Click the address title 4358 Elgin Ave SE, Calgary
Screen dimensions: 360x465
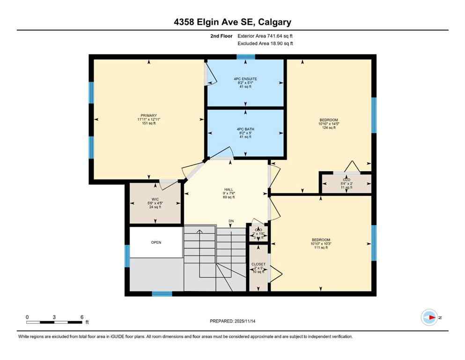pyautogui.click(x=232, y=22)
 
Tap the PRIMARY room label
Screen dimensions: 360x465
pyautogui.click(x=148, y=115)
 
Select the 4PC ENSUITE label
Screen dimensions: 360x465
pyautogui.click(x=245, y=79)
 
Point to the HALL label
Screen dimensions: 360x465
pyautogui.click(x=229, y=189)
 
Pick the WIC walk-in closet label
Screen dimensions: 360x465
pyautogui.click(x=155, y=199)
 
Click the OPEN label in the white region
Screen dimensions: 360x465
pyautogui.click(x=156, y=243)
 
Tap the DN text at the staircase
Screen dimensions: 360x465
pyautogui.click(x=231, y=221)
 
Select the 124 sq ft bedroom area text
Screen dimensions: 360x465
pyautogui.click(x=329, y=128)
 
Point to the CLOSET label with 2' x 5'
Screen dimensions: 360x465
pyautogui.click(x=258, y=264)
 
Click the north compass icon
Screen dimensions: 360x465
pyautogui.click(x=429, y=317)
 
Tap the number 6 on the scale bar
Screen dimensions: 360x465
pyautogui.click(x=82, y=317)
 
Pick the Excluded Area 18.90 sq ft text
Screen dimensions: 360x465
pyautogui.click(x=265, y=44)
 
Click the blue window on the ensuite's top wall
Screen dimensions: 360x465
pyautogui.click(x=245, y=57)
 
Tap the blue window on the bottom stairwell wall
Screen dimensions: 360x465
pyautogui.click(x=162, y=294)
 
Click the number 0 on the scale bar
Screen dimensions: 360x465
pyautogui.click(x=27, y=317)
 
